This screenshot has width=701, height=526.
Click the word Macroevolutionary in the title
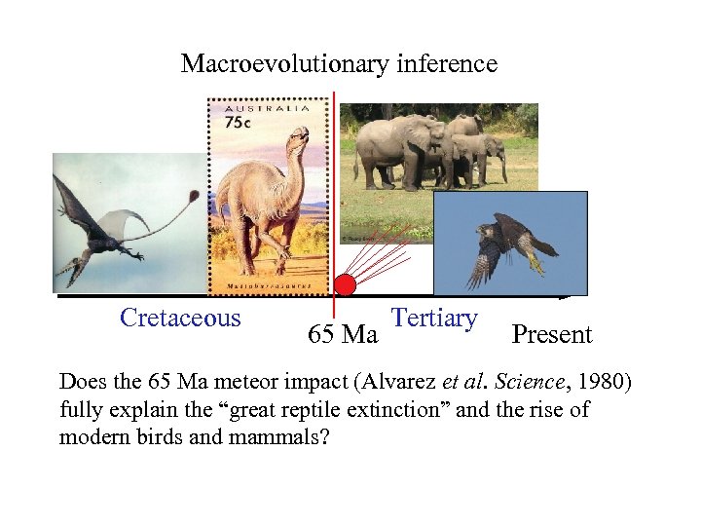(284, 64)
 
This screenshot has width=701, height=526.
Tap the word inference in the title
(447, 64)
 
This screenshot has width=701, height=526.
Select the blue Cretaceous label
(180, 319)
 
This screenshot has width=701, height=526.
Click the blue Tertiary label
(433, 319)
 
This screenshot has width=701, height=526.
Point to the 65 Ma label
(343, 335)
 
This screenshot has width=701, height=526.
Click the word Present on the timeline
(552, 335)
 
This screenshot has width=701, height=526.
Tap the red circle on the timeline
(345, 285)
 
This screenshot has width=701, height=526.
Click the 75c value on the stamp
(238, 124)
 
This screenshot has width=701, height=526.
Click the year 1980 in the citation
(608, 381)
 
